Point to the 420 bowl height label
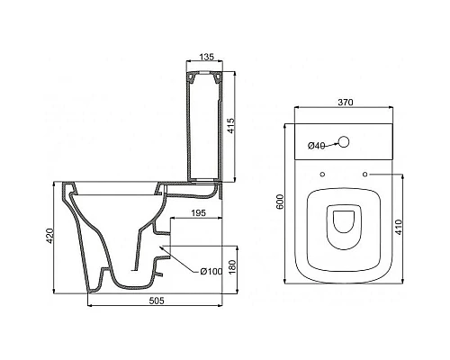(x=51, y=236)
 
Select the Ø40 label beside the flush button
(x=317, y=145)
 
